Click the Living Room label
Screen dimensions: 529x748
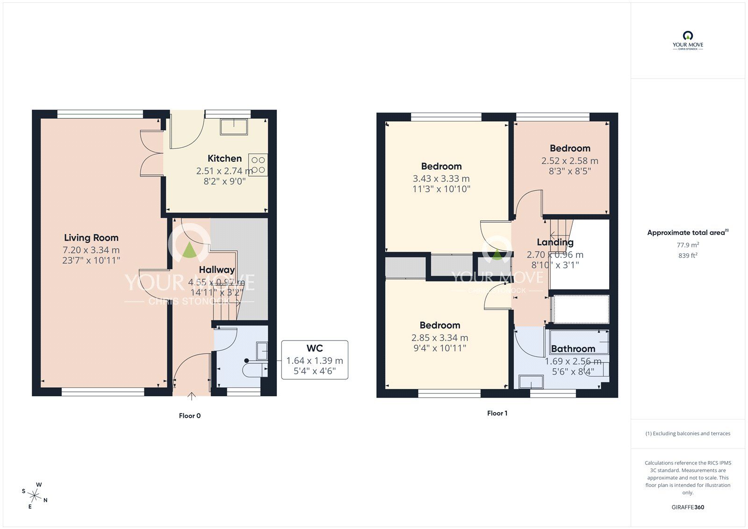coord(91,238)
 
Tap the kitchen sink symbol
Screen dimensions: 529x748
coord(234,127)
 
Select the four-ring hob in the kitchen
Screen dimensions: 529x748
coord(258,165)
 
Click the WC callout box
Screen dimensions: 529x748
coord(315,360)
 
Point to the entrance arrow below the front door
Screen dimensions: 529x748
coord(192,397)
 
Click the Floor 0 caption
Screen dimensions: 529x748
coord(190,416)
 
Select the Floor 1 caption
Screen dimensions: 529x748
coord(497,413)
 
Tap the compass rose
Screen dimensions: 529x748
coord(35,495)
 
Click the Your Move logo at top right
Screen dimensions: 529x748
coord(688,41)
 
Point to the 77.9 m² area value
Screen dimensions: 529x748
coord(688,245)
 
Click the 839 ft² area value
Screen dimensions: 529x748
coord(688,255)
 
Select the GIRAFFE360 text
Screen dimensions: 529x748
coord(688,507)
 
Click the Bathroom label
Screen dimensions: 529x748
coord(573,349)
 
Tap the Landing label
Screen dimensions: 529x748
coord(555,242)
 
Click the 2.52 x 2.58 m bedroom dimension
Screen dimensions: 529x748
coord(569,161)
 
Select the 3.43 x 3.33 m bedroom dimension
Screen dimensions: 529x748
coord(441,179)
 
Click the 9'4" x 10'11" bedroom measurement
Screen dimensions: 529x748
coord(439,348)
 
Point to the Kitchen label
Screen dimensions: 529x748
coord(224,159)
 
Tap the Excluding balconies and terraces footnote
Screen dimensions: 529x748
coord(688,434)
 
